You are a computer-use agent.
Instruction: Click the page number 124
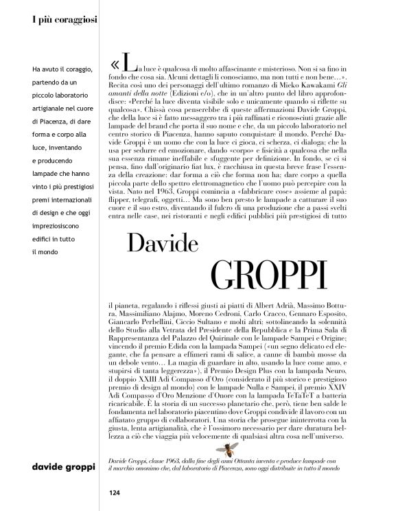[x=113, y=492]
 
